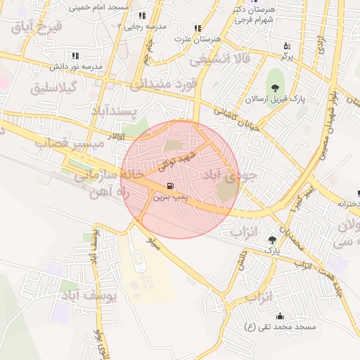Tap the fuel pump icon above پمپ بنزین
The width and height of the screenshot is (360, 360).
pyautogui.click(x=169, y=186)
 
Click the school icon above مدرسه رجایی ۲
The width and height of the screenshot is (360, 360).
pyautogui.click(x=142, y=15)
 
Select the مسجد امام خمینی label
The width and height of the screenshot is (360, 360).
pyautogui.click(x=100, y=6)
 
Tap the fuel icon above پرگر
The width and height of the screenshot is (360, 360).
pyautogui.click(x=287, y=45)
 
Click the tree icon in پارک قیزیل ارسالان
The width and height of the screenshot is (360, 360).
pyautogui.click(x=274, y=88)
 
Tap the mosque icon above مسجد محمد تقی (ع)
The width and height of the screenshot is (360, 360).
pyautogui.click(x=281, y=316)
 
